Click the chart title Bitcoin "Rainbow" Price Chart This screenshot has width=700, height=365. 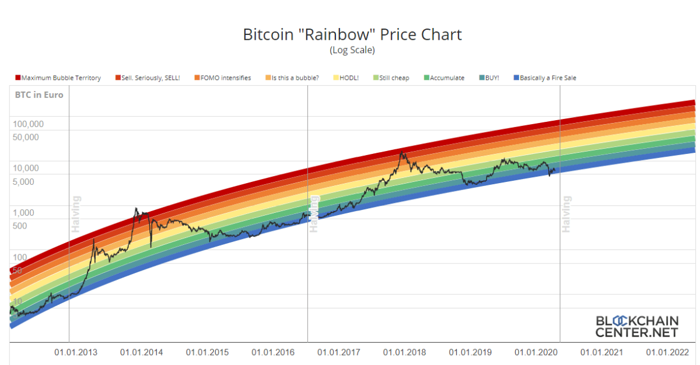pyautogui.click(x=352, y=34)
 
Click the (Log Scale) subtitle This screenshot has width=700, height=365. pyautogui.click(x=352, y=50)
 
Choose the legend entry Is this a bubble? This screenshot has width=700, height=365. pyautogui.click(x=295, y=78)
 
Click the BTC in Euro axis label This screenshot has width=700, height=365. pyautogui.click(x=39, y=95)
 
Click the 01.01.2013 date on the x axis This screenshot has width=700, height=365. pyautogui.click(x=76, y=352)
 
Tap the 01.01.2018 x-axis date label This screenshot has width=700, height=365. pyautogui.click(x=404, y=352)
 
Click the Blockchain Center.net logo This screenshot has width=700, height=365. pyautogui.click(x=636, y=327)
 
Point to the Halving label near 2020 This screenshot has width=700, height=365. pyautogui.click(x=566, y=214)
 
